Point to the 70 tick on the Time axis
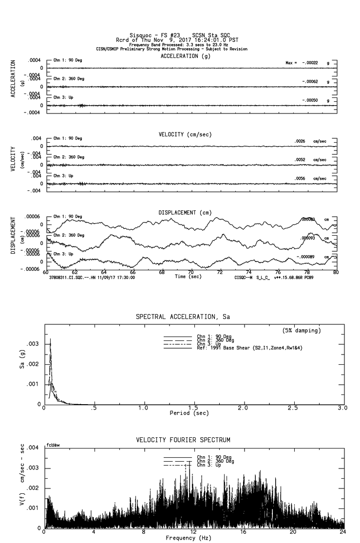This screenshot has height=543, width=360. click(191, 272)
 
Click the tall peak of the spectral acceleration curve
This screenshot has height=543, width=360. click(50, 339)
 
